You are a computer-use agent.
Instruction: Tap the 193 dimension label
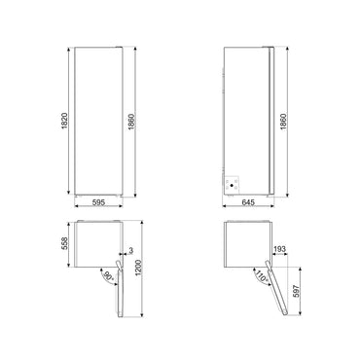(279, 251)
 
